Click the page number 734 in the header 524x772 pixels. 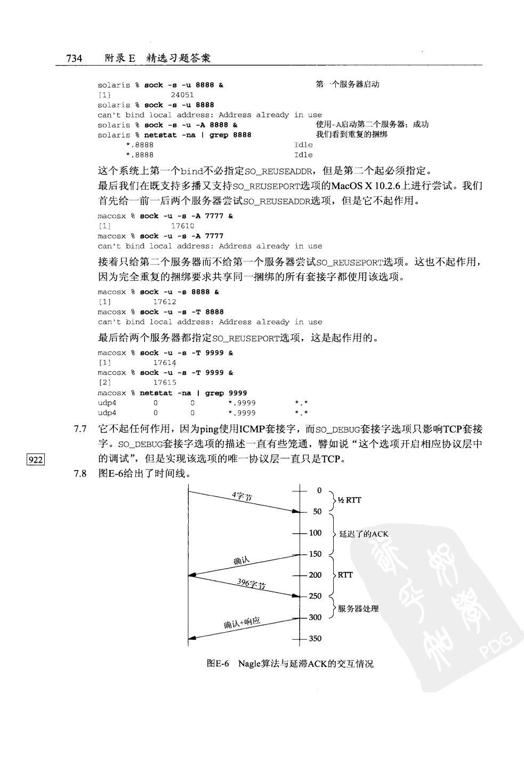(74, 58)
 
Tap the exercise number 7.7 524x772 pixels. (80, 429)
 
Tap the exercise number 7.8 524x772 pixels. (80, 474)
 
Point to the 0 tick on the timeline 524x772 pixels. (319, 490)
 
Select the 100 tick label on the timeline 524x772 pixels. (315, 533)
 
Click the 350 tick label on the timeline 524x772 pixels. (315, 639)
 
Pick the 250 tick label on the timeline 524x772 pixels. (315, 596)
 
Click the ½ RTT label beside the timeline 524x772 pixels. (349, 500)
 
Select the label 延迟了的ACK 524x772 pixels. (364, 534)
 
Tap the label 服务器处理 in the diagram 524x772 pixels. (358, 609)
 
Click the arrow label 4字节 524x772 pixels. (242, 496)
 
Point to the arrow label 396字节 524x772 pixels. (252, 584)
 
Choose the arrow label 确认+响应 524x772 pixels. (242, 623)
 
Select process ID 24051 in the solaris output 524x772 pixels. (182, 95)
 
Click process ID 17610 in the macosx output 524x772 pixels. (182, 226)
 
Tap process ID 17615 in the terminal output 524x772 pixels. (165, 383)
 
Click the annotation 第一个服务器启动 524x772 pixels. (348, 84)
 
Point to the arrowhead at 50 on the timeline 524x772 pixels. (296, 512)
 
